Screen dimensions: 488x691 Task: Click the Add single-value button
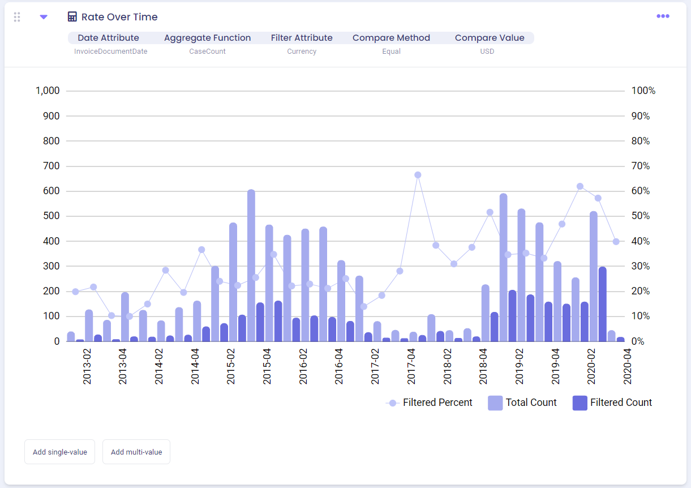pyautogui.click(x=59, y=452)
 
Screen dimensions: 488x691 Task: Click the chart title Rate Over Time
pyautogui.click(x=119, y=17)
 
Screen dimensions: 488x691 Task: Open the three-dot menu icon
pyautogui.click(x=663, y=16)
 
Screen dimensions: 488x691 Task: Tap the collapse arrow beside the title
pyautogui.click(x=44, y=17)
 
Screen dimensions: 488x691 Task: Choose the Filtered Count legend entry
pyautogui.click(x=612, y=403)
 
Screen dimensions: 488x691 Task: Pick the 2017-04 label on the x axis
pyautogui.click(x=411, y=367)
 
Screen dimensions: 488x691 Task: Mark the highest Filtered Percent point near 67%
pyautogui.click(x=418, y=175)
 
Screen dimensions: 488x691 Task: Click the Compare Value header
pyautogui.click(x=490, y=38)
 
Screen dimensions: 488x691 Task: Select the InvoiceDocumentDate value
pyautogui.click(x=111, y=52)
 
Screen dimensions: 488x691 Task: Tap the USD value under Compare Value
pyautogui.click(x=487, y=52)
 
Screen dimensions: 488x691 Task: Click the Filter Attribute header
pyautogui.click(x=302, y=38)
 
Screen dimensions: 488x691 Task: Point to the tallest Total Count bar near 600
pyautogui.click(x=251, y=266)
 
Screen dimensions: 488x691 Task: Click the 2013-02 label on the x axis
pyautogui.click(x=87, y=367)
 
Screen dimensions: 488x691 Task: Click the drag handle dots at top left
pyautogui.click(x=17, y=17)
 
